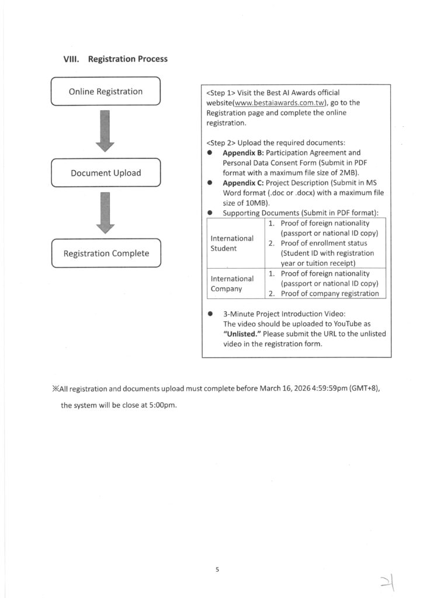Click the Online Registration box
(x=106, y=92)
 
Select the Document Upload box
(x=106, y=173)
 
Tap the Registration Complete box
(x=106, y=253)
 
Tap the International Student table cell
(x=232, y=244)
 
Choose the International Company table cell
(x=232, y=283)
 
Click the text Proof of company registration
(x=330, y=293)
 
